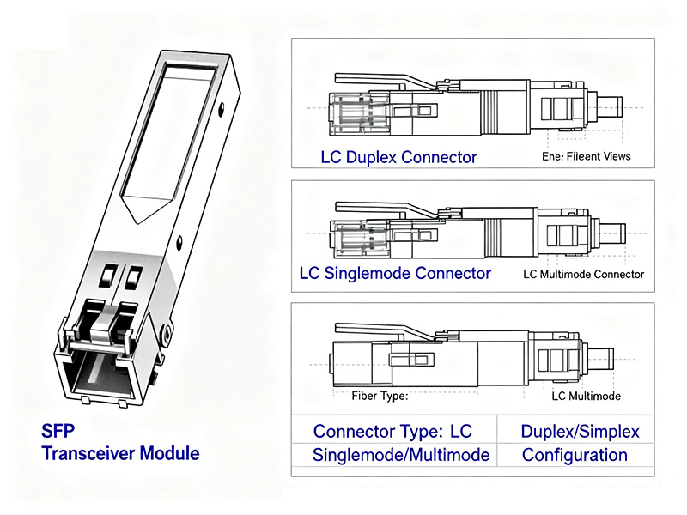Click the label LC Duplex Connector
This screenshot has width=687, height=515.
(398, 157)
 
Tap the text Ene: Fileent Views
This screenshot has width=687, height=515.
(586, 156)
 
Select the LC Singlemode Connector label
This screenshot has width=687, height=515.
(395, 273)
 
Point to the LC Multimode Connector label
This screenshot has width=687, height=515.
(583, 274)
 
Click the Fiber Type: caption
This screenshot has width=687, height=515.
(380, 396)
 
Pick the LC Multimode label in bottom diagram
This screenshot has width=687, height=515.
(586, 396)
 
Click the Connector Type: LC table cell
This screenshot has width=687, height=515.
(392, 431)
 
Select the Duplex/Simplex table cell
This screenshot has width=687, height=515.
(580, 431)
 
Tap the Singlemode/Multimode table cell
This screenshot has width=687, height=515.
(401, 455)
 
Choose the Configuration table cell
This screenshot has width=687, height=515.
(575, 455)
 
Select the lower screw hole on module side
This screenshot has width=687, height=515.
(179, 242)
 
